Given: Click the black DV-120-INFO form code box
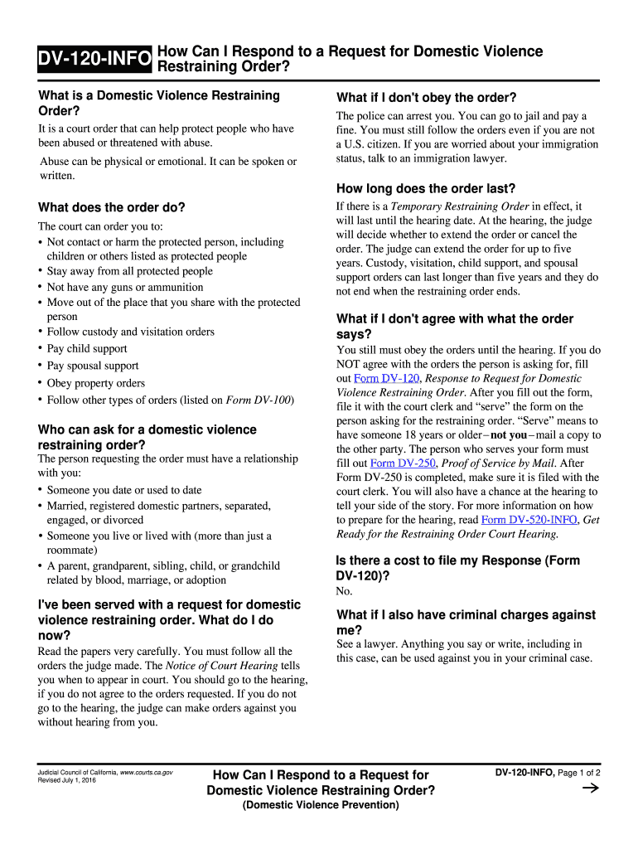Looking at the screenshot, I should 94,59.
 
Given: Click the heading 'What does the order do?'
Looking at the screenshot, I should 112,207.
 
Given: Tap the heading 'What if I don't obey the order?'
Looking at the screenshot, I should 426,97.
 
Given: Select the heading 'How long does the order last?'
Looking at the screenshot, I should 425,188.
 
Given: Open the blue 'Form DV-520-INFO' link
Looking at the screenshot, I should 529,520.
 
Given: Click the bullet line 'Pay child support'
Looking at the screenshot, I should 87,349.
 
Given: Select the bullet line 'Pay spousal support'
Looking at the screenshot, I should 93,366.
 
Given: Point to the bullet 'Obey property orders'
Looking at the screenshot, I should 95,383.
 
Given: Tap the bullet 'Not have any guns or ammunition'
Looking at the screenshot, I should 124,288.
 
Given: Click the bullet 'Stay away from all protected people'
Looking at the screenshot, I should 129,271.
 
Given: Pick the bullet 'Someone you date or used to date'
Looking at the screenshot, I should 123,490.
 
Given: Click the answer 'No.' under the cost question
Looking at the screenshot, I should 345,591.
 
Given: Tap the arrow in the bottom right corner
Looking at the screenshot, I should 591,788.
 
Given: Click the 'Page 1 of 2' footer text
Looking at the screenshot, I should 579,773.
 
